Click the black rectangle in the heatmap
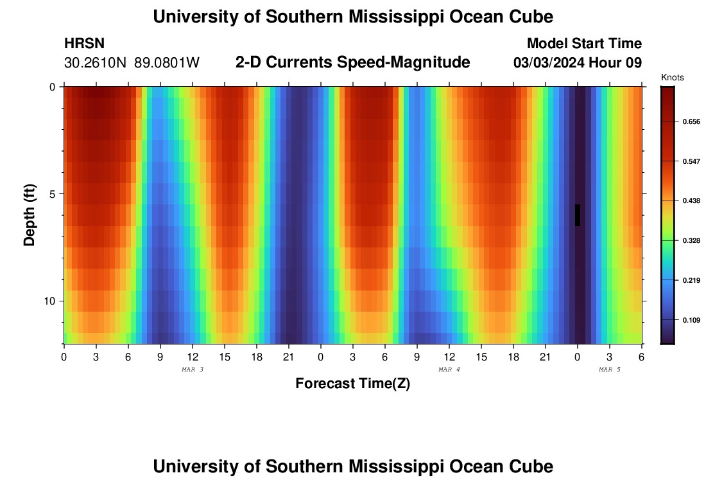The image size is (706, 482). [x=578, y=215]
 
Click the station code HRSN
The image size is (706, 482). [x=84, y=44]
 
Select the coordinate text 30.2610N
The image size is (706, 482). [x=96, y=62]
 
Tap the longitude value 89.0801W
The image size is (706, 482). [x=167, y=62]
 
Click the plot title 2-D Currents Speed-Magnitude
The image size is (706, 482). [x=353, y=62]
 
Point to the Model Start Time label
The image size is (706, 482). [x=584, y=44]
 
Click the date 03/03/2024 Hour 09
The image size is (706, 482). [x=578, y=62]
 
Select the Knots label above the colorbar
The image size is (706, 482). [x=672, y=78]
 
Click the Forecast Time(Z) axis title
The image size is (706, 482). [x=352, y=384]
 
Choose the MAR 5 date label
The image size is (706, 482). [x=610, y=370]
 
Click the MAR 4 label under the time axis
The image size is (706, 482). [x=449, y=370]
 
